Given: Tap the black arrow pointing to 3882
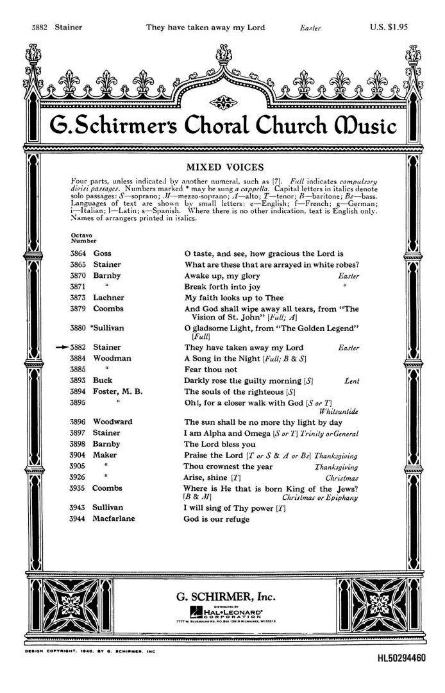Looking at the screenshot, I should pyautogui.click(x=62, y=347).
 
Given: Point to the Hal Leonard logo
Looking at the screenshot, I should pyautogui.click(x=222, y=613).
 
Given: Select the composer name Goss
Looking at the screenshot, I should pyautogui.click(x=103, y=254).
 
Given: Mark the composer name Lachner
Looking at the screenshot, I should pyautogui.click(x=108, y=298).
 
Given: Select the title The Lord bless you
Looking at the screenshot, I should pyautogui.click(x=220, y=444).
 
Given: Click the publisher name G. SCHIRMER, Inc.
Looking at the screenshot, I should pyautogui.click(x=222, y=597).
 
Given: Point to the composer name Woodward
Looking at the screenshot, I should pyautogui.click(x=113, y=422).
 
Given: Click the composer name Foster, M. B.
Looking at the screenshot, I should pyautogui.click(x=118, y=391).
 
